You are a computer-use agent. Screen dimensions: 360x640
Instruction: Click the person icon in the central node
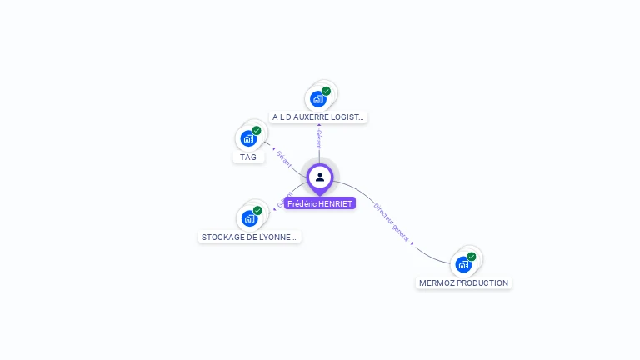[x=320, y=177]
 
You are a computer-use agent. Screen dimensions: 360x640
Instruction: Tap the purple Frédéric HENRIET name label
[x=320, y=203]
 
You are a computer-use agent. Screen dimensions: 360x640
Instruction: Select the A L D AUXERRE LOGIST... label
[x=318, y=117]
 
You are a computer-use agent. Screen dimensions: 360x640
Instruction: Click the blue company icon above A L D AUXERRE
[x=317, y=99]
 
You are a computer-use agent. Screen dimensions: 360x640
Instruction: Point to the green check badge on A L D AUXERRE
[x=326, y=91]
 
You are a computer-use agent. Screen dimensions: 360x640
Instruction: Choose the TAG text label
[x=248, y=157]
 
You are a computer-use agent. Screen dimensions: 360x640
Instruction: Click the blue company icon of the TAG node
[x=247, y=138]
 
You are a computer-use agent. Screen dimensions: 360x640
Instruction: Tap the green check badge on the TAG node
[x=257, y=130]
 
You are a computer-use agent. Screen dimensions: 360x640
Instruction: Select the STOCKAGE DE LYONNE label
[x=249, y=237]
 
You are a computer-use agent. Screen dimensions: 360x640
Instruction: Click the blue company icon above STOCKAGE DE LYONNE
[x=248, y=218]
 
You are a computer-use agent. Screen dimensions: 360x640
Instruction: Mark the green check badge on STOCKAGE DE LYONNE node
[x=257, y=210]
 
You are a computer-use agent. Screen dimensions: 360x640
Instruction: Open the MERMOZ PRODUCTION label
[x=463, y=282]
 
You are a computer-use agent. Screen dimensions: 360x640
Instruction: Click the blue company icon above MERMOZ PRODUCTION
[x=462, y=264]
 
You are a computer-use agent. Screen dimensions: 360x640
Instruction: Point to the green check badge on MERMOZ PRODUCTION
[x=472, y=256]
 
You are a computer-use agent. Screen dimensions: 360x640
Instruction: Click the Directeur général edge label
[x=391, y=222]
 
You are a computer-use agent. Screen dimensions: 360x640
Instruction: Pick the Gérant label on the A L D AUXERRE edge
[x=318, y=139]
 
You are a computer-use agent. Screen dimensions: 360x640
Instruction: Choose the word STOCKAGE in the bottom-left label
[x=220, y=237]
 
